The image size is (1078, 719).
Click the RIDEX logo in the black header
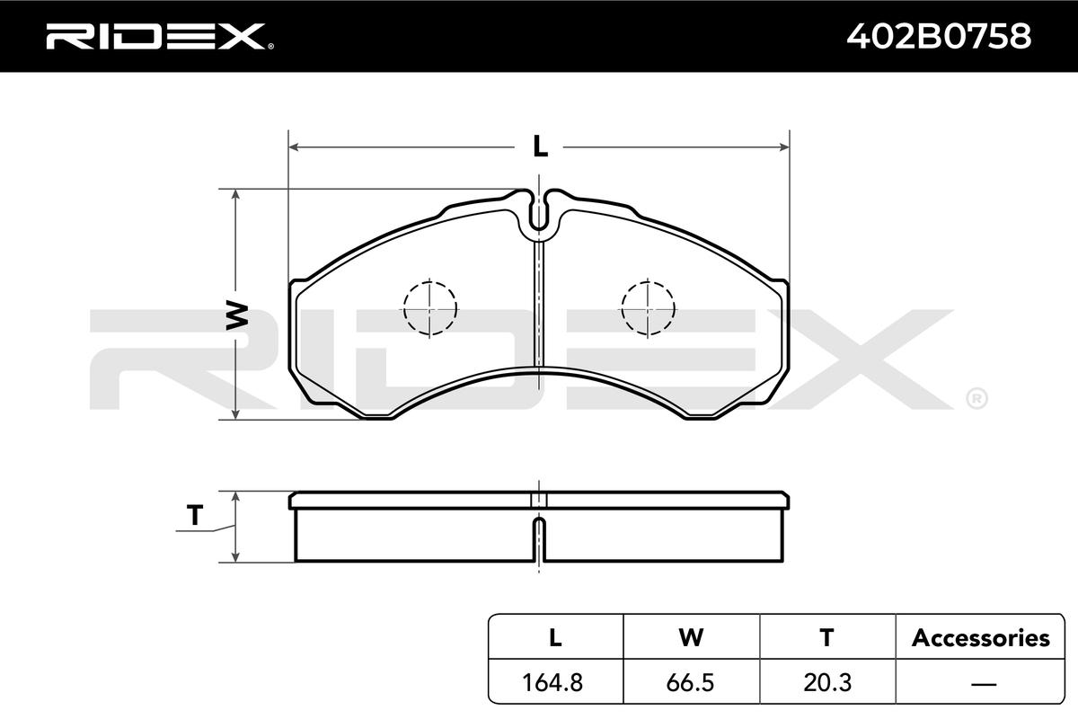(x=160, y=37)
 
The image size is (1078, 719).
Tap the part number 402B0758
(x=939, y=36)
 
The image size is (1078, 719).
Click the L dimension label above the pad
(x=540, y=146)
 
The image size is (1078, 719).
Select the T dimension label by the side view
(x=195, y=515)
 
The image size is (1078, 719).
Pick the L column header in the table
(x=555, y=637)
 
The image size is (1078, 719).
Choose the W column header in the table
(x=691, y=637)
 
